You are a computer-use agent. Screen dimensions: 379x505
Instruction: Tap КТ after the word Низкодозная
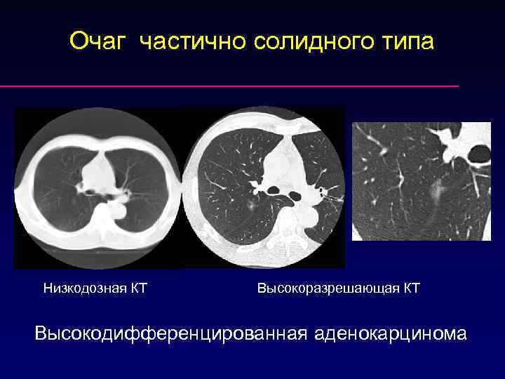(x=138, y=288)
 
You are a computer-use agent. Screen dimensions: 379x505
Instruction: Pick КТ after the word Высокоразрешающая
(x=411, y=288)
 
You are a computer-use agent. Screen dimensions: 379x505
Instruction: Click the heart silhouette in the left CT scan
(x=98, y=172)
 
